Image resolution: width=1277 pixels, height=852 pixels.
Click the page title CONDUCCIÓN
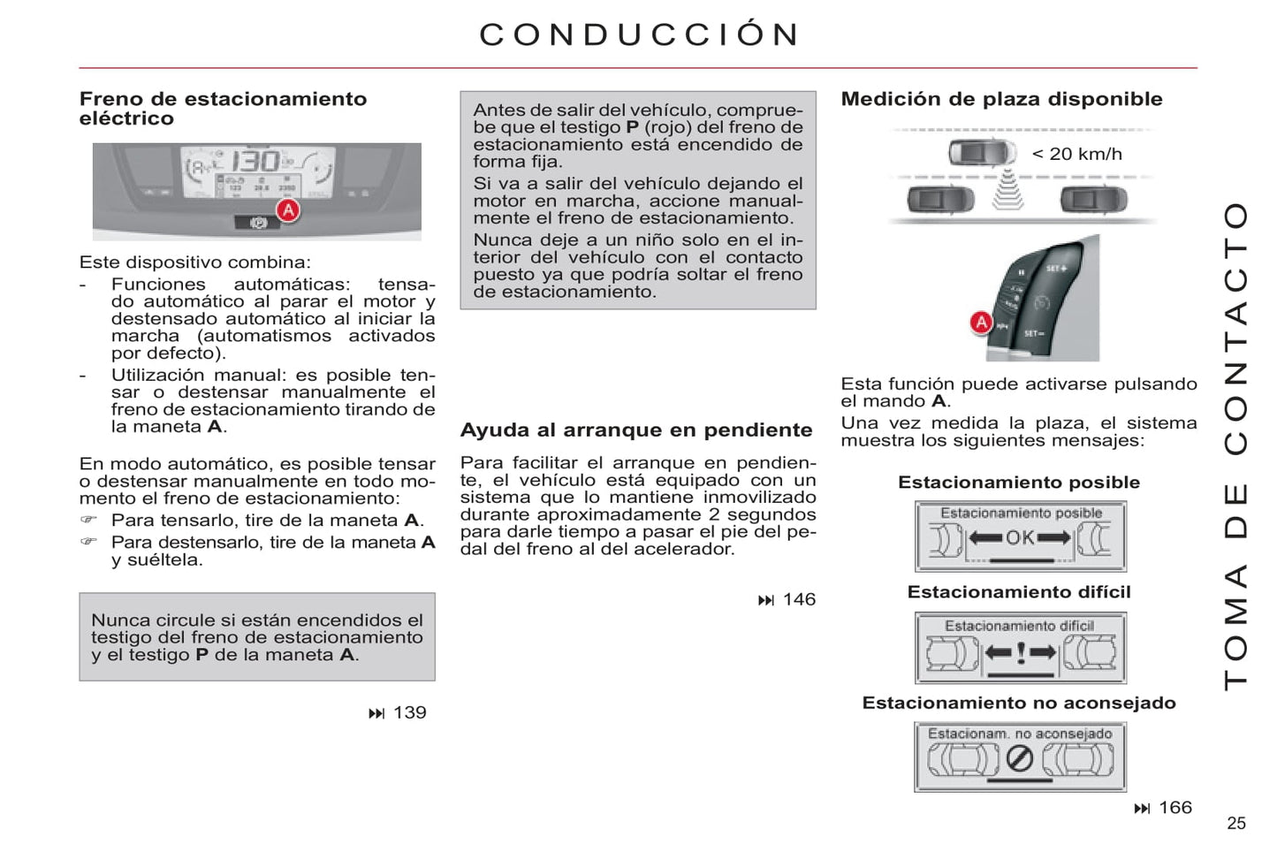click(639, 34)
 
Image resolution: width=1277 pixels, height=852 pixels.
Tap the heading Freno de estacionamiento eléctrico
click(223, 108)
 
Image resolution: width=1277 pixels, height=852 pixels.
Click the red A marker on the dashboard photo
click(288, 210)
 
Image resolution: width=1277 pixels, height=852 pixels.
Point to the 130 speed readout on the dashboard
click(255, 162)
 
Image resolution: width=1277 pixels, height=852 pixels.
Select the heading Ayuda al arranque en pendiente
click(635, 430)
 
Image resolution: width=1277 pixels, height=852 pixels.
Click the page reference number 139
click(409, 712)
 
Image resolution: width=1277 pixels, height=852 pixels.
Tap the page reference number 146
click(799, 599)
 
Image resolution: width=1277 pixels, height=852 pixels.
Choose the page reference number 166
click(1174, 807)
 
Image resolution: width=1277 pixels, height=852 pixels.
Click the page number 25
click(1235, 823)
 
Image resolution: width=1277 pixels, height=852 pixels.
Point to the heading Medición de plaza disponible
click(1001, 99)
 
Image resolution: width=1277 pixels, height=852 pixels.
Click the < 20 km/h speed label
click(1076, 154)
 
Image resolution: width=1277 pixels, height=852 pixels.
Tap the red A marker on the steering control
click(981, 323)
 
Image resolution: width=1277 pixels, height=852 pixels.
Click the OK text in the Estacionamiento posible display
click(1020, 537)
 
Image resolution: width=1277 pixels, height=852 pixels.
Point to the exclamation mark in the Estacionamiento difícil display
click(1021, 653)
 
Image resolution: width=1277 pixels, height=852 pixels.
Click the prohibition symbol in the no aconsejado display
click(1020, 758)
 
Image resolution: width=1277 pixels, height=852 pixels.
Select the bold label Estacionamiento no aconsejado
click(1019, 703)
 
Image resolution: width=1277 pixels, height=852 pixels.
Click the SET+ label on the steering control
click(1056, 268)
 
